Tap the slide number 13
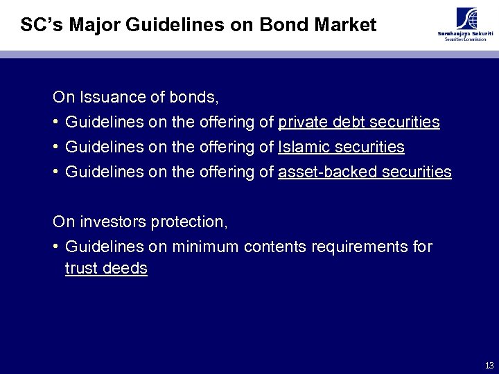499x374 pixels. point(489,365)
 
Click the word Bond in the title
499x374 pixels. point(283,26)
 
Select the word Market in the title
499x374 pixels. point(344,26)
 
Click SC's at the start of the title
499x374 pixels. point(40,26)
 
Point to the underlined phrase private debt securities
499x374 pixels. point(358,123)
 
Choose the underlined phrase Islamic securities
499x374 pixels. point(341,148)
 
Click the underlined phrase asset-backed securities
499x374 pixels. point(365,172)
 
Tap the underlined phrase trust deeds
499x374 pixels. point(106,269)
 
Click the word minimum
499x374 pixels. point(204,247)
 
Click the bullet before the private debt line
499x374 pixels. point(55,123)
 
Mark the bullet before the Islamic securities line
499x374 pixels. point(55,148)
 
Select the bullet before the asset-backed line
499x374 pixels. point(55,172)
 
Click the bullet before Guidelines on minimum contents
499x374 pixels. point(55,247)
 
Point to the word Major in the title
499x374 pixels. point(90,26)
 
